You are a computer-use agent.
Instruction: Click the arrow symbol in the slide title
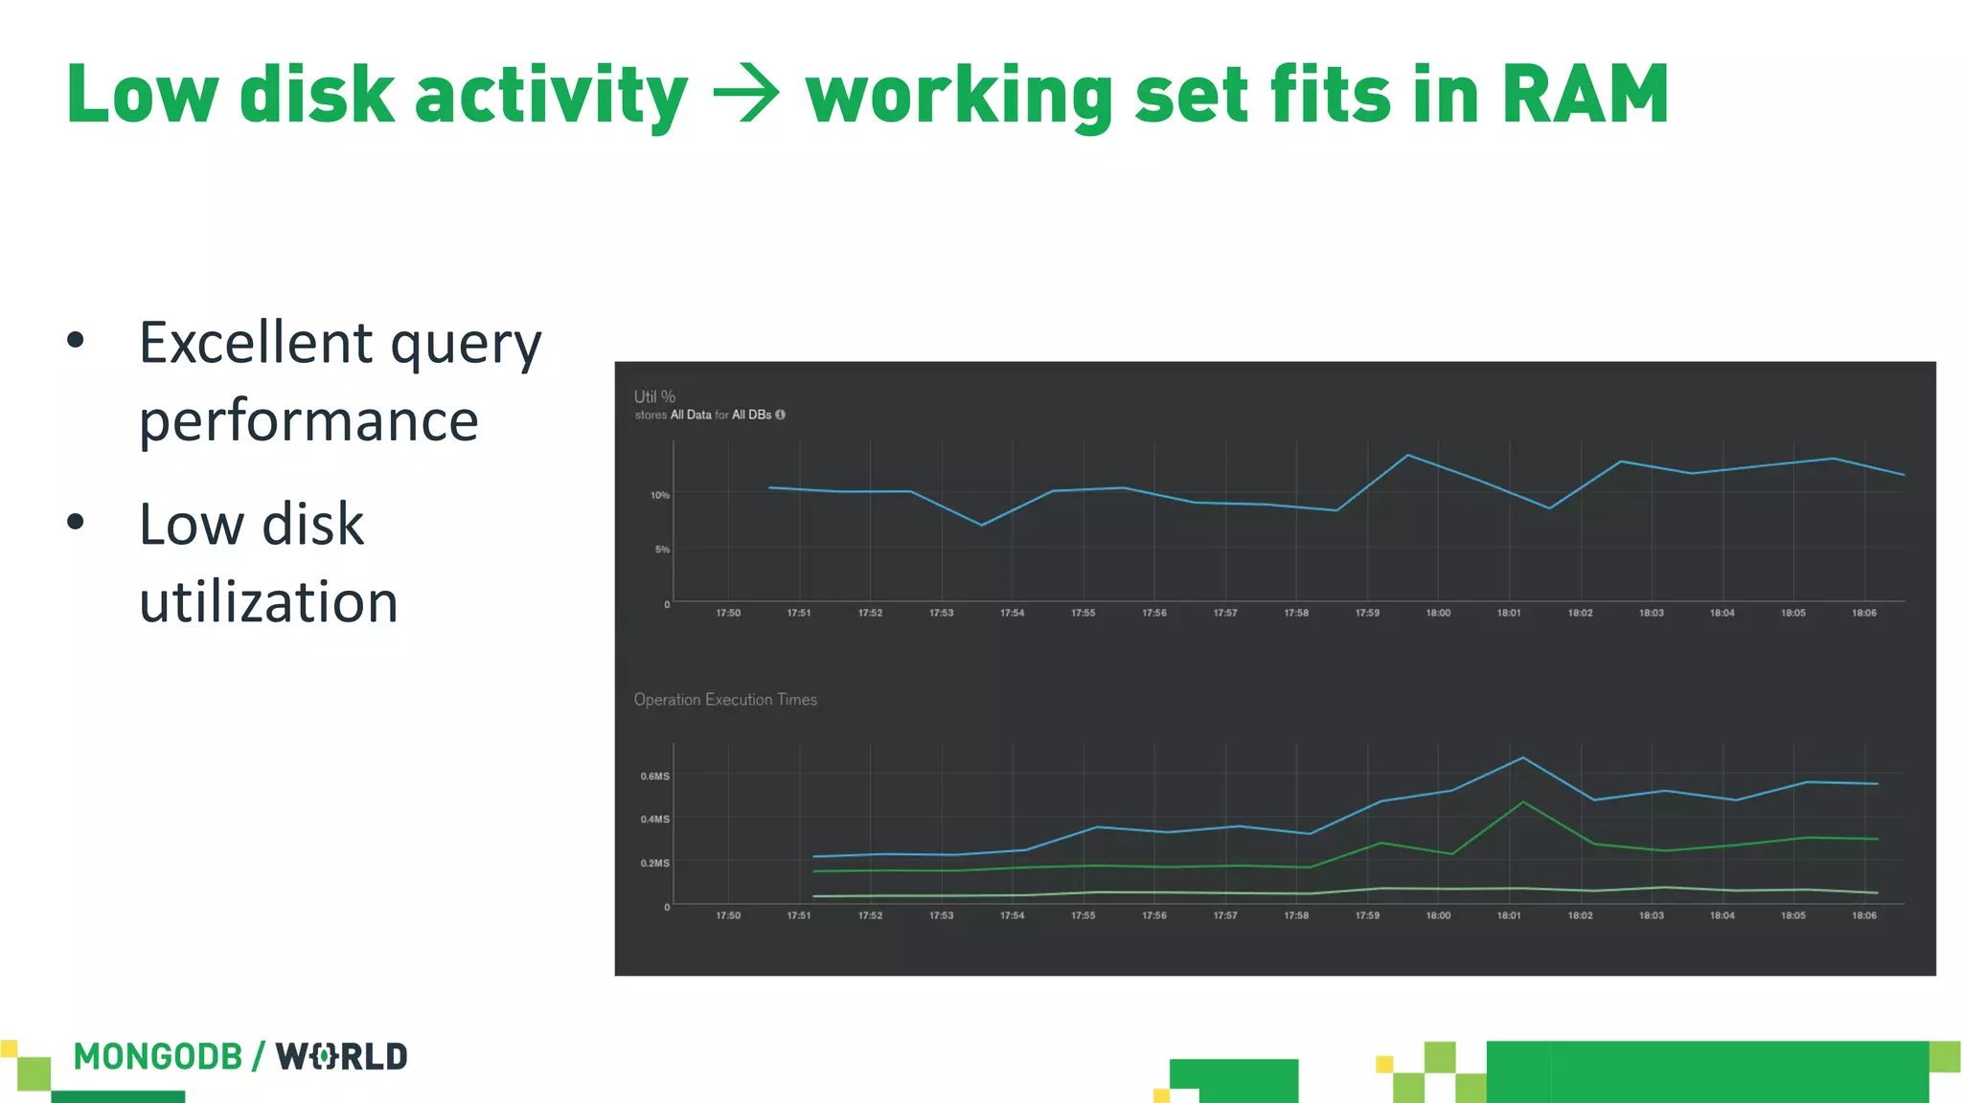(x=746, y=96)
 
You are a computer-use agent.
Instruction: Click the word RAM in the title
(x=1586, y=94)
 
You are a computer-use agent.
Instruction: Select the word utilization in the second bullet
(x=268, y=602)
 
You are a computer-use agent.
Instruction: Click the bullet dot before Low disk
(x=76, y=522)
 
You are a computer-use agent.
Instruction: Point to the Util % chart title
(x=654, y=396)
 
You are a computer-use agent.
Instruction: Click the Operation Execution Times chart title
(x=725, y=700)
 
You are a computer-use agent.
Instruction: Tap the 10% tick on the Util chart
(x=659, y=495)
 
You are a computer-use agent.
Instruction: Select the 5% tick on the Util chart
(x=662, y=550)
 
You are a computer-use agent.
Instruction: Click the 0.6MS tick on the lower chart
(x=655, y=777)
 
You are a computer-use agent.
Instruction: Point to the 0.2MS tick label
(x=655, y=864)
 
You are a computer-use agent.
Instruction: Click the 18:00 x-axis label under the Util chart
(x=1438, y=613)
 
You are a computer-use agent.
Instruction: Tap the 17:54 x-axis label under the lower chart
(x=1012, y=916)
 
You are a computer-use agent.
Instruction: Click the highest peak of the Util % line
(x=1407, y=455)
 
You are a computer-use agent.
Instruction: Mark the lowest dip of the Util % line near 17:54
(x=982, y=525)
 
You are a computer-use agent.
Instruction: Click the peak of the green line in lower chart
(x=1523, y=802)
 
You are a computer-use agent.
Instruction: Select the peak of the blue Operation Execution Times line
(x=1523, y=758)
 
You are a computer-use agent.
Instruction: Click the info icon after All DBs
(x=780, y=415)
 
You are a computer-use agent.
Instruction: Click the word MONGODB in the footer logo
(x=158, y=1057)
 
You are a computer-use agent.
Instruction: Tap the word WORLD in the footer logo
(x=342, y=1057)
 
